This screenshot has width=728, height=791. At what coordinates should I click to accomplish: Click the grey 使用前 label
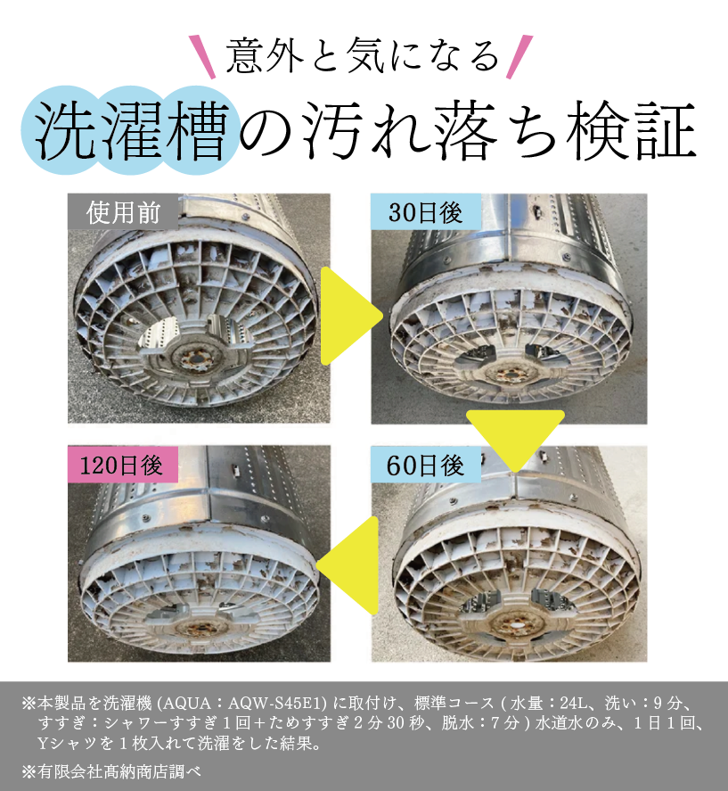pyautogui.click(x=123, y=212)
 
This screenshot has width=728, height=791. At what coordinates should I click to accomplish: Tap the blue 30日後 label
pyautogui.click(x=426, y=212)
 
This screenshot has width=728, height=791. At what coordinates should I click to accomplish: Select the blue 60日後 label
pyautogui.click(x=426, y=465)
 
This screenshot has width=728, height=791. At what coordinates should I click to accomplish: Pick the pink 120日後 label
pyautogui.click(x=123, y=464)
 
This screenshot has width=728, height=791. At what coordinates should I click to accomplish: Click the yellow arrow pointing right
pyautogui.click(x=348, y=316)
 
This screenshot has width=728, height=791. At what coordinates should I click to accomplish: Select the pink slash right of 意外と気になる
pyautogui.click(x=519, y=57)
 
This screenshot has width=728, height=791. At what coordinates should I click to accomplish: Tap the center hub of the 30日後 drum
pyautogui.click(x=505, y=375)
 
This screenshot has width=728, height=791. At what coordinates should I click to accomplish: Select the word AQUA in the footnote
pyautogui.click(x=187, y=703)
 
